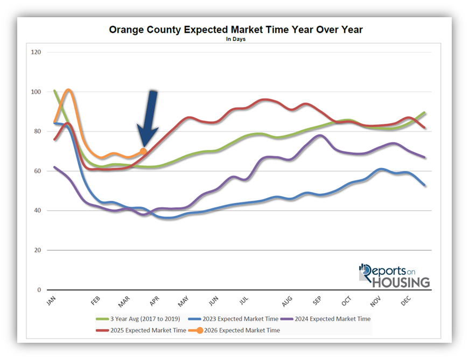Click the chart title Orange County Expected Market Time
[x=236, y=30]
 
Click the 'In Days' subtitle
[x=236, y=39]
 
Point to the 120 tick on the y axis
[x=37, y=52]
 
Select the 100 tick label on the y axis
[x=37, y=92]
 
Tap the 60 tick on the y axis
[x=37, y=171]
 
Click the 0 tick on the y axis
[x=39, y=290]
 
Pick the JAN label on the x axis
[x=51, y=300]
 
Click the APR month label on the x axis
[x=155, y=300]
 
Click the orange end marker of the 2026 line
[x=143, y=152]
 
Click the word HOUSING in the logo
[x=401, y=282]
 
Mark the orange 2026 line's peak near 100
[x=68, y=90]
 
